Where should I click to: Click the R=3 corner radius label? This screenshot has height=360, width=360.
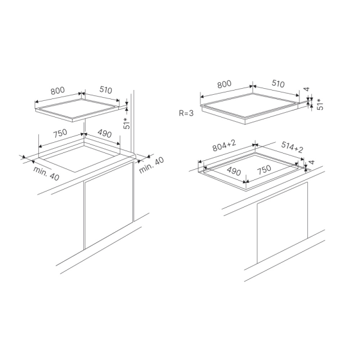tap(186, 113)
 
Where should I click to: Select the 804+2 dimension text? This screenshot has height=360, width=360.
tap(224, 146)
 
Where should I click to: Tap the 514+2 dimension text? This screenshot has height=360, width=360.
tap(292, 147)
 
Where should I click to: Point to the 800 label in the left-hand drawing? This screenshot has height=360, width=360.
tap(58, 91)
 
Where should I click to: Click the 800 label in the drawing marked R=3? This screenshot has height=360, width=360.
tap(224, 84)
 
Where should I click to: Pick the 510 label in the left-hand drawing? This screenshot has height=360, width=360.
tap(106, 90)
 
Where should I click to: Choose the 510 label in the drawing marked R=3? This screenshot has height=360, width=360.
tap(278, 84)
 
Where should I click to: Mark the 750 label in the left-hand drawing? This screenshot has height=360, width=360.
tap(60, 133)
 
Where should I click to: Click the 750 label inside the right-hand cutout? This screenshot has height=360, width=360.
tap(264, 169)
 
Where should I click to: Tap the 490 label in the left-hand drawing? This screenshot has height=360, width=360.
tap(104, 133)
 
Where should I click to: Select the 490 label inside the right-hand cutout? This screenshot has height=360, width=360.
tap(234, 171)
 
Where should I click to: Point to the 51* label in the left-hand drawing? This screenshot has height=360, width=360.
tap(127, 123)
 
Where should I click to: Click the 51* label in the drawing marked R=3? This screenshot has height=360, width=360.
tap(320, 104)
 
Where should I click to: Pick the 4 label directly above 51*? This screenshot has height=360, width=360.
tap(307, 89)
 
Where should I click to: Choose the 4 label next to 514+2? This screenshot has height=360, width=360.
tap(311, 162)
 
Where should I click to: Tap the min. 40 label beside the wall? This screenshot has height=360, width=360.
tap(152, 165)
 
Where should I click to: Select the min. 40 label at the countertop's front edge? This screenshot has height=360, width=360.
tap(46, 173)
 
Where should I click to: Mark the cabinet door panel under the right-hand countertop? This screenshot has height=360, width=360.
tap(282, 223)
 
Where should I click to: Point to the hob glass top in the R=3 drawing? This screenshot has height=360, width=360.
tap(250, 106)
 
